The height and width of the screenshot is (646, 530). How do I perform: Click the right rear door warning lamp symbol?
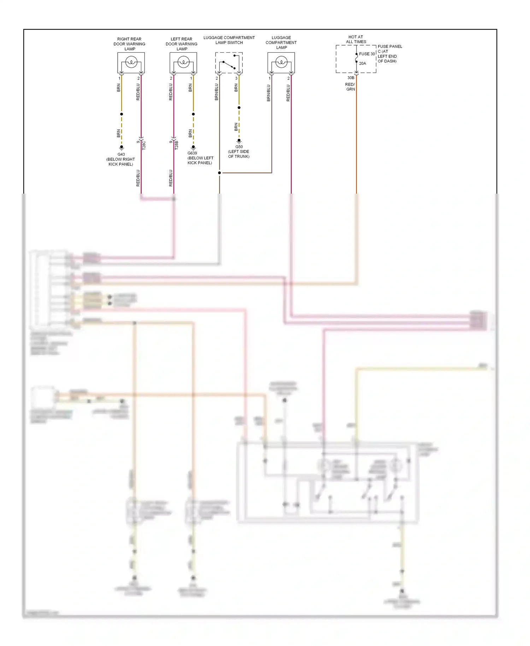(x=131, y=63)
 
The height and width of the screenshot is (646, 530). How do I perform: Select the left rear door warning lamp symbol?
(x=183, y=63)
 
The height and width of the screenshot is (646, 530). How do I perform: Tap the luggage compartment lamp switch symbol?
(x=229, y=63)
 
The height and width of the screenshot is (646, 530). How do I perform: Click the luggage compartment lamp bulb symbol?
(x=281, y=63)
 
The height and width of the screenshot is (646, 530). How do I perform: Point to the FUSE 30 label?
(x=367, y=54)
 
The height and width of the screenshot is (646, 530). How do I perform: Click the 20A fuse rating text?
(x=363, y=64)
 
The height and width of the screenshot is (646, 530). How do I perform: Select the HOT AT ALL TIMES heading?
(x=356, y=39)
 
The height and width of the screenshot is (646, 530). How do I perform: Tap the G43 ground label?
(x=121, y=154)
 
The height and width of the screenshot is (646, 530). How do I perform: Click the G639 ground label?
(x=192, y=153)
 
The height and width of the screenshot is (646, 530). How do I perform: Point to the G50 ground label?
(x=239, y=147)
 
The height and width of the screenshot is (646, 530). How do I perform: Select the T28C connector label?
(x=144, y=145)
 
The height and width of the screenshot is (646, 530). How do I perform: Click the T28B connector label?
(x=177, y=145)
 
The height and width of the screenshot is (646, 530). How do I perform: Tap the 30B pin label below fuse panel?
(x=351, y=78)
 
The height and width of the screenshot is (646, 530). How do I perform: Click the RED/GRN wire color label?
(x=350, y=87)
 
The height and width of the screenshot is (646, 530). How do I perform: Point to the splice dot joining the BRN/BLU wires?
(x=219, y=173)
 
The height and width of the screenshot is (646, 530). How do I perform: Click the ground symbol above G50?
(x=239, y=141)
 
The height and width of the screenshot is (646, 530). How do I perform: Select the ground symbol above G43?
(x=121, y=148)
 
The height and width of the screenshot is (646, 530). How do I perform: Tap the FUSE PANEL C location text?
(x=389, y=54)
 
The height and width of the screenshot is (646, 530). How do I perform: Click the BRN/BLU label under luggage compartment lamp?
(x=269, y=93)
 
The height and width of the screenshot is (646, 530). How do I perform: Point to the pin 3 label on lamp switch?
(x=236, y=78)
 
